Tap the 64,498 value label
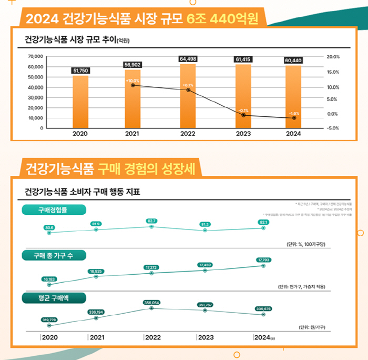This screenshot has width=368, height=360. point(188,59)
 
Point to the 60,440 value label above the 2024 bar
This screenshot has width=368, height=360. point(293,61)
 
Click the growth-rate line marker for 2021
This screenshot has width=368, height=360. point(133,85)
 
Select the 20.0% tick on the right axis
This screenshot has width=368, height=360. point(333,56)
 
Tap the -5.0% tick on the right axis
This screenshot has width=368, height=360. point(333,128)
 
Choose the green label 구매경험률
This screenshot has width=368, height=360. point(53,210)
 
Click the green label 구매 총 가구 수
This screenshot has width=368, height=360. point(53,255)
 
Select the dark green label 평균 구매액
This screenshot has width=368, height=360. point(53,298)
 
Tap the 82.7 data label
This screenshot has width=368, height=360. point(151,221)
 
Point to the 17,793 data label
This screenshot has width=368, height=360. point(263,260)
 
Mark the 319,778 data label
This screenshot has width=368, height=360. point(49,319)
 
